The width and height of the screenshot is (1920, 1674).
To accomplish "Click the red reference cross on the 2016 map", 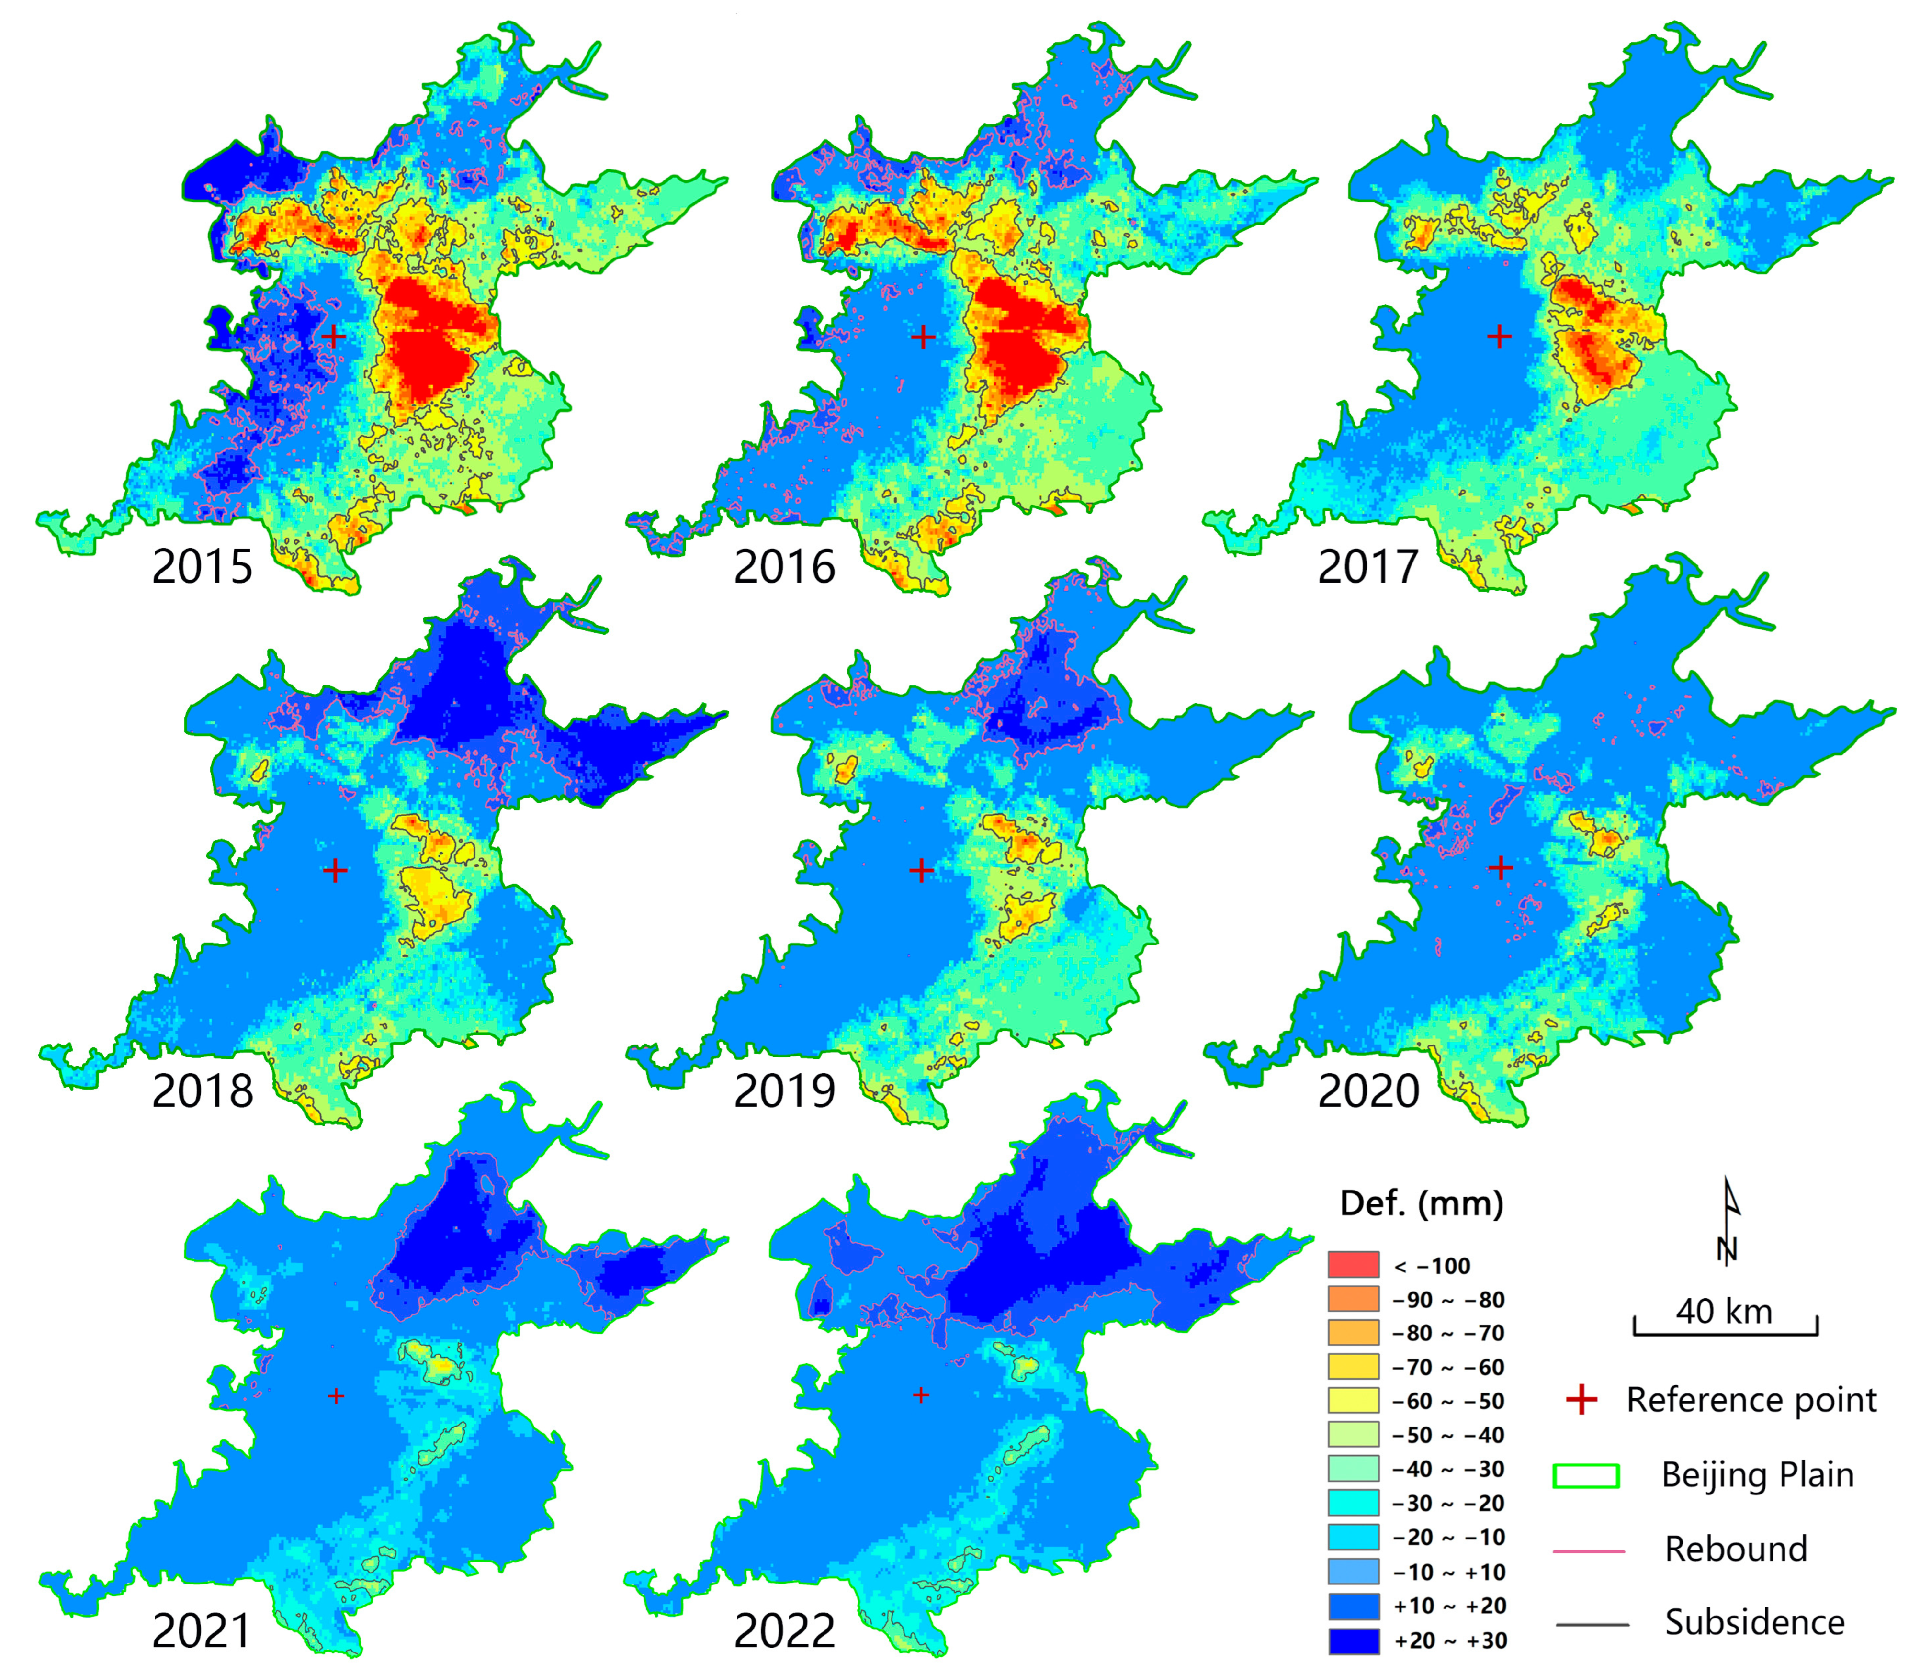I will [x=922, y=337].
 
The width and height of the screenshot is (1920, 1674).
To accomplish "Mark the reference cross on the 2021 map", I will [x=336, y=1395].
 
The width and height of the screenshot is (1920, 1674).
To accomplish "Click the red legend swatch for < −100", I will [x=1353, y=1265].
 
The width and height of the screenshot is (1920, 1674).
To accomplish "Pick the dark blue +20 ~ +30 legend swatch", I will [x=1353, y=1640].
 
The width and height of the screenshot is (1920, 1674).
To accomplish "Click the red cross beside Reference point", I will [x=1582, y=1399].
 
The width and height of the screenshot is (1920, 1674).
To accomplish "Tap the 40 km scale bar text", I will [x=1724, y=1312].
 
